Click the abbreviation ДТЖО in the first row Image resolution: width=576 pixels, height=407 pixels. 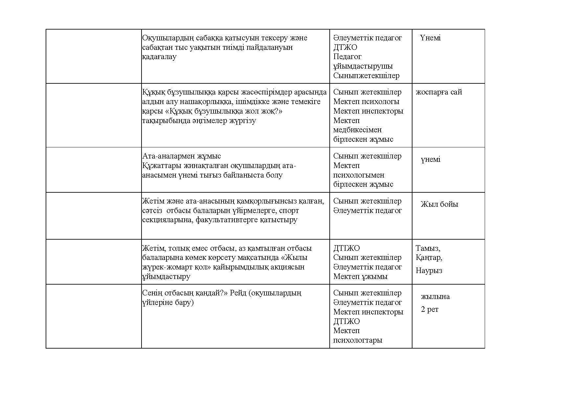(x=345, y=47)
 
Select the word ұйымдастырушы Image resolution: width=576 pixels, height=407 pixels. (x=363, y=66)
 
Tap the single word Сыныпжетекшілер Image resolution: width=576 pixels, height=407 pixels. (x=366, y=76)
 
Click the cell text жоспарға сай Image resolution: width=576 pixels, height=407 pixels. (x=439, y=92)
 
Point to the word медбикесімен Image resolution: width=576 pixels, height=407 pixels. (x=357, y=130)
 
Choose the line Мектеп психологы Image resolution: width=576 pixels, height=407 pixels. (x=366, y=102)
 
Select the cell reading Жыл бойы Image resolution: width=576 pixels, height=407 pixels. (x=439, y=204)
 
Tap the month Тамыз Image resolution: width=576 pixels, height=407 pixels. (x=428, y=248)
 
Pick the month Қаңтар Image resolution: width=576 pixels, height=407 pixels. (x=429, y=258)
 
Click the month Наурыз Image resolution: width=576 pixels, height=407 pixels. (x=429, y=271)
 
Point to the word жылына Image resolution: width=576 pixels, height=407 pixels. (x=435, y=297)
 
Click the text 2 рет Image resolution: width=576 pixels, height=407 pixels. (x=430, y=310)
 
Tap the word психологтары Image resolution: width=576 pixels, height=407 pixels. (x=358, y=340)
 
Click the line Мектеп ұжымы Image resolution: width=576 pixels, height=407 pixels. (x=360, y=277)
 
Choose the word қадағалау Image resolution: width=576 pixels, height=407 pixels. (x=159, y=57)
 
